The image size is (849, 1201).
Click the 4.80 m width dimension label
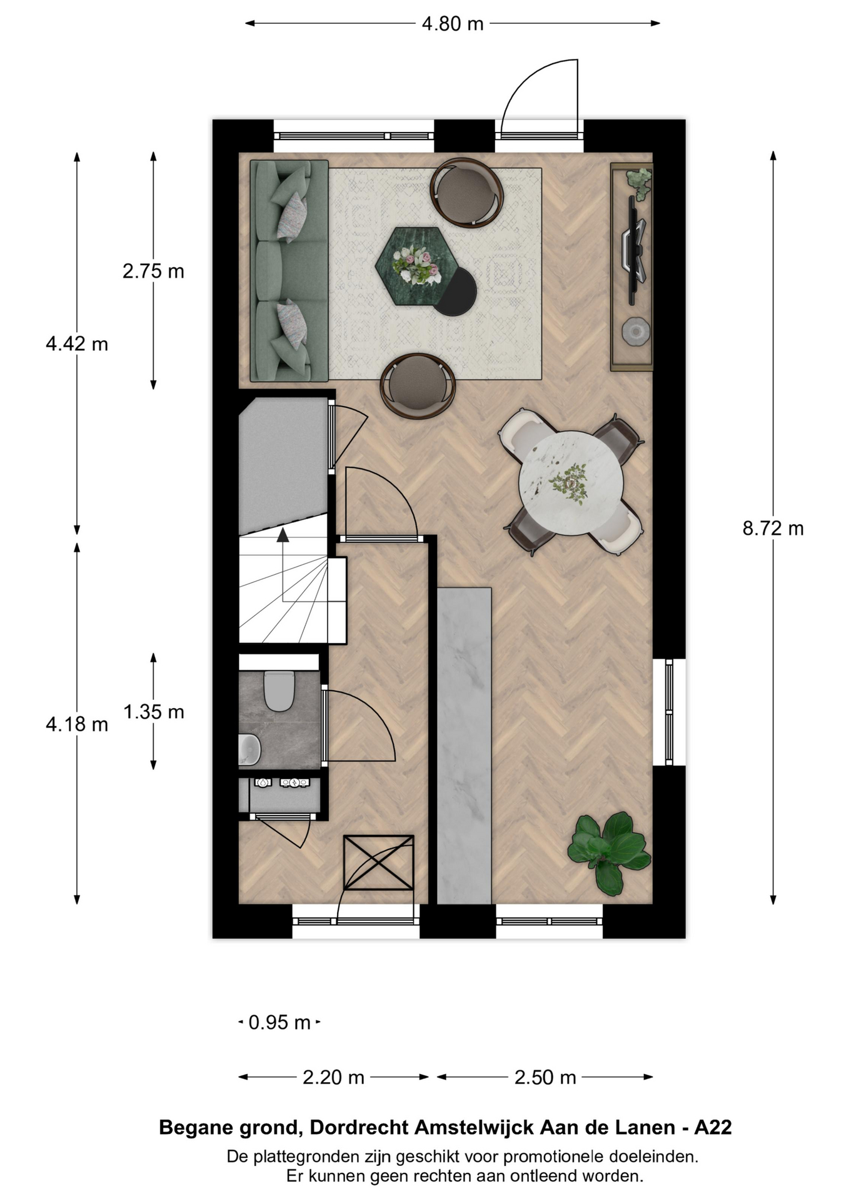coord(453,24)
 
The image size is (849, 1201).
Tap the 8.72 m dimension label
coord(773,529)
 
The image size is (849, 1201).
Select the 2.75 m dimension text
coord(153,271)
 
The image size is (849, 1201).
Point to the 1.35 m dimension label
coord(153,712)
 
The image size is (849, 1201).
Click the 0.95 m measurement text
coord(279,1022)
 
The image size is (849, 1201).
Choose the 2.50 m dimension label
coord(545,1077)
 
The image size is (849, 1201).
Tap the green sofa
coord(289,271)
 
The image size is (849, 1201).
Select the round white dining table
coord(571,484)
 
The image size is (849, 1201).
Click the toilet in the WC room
coord(279,691)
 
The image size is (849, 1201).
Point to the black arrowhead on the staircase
coord(283,535)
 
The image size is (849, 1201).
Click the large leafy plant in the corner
coord(608,852)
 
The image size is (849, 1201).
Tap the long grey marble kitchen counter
coord(464,746)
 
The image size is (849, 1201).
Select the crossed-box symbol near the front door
coord(378,862)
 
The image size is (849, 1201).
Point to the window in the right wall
coord(669,712)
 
